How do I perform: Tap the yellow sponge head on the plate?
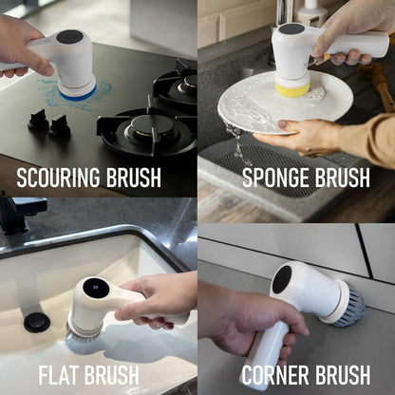coord(292,88)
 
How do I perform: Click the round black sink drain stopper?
coord(37,322)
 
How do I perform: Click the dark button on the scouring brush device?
coord(69,37)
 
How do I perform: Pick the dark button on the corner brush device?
coord(282,278)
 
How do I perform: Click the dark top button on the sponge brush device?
coord(291,28)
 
